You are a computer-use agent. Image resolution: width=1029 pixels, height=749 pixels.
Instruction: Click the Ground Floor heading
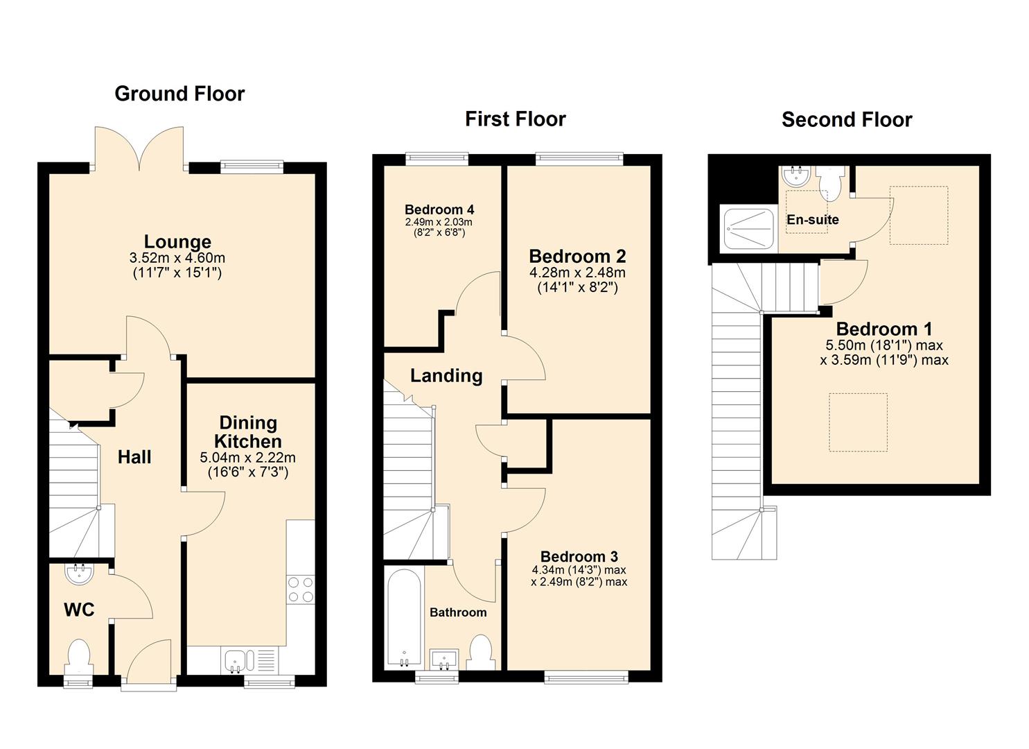(x=179, y=94)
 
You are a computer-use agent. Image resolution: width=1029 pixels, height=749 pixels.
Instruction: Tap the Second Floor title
(x=846, y=119)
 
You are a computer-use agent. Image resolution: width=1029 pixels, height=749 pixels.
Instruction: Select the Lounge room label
(x=177, y=242)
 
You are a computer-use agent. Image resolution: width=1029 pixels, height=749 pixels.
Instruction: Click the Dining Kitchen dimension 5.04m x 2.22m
(x=247, y=458)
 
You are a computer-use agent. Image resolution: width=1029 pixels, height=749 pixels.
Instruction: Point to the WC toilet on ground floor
(x=80, y=656)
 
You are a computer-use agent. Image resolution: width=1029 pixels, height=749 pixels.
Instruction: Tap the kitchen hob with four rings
(x=301, y=589)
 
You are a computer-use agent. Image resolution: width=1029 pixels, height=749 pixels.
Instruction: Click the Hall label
(x=134, y=457)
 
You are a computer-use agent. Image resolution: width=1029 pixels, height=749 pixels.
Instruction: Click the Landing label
(x=446, y=376)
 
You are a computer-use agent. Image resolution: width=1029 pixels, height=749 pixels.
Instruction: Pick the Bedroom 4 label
(x=439, y=209)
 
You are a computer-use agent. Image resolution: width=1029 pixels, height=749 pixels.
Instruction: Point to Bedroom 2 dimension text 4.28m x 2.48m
(x=577, y=273)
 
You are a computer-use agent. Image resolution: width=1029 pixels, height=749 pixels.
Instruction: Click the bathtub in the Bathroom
(x=404, y=618)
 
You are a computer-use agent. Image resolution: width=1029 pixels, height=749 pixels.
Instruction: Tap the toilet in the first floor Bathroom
(x=480, y=652)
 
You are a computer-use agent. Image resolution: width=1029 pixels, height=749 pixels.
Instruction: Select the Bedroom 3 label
(x=579, y=556)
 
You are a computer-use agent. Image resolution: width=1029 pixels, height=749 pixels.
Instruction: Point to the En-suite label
(x=812, y=220)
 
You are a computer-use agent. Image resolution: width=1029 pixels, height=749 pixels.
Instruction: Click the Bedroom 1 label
(x=883, y=329)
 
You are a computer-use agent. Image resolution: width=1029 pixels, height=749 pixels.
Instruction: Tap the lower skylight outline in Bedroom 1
(x=858, y=422)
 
